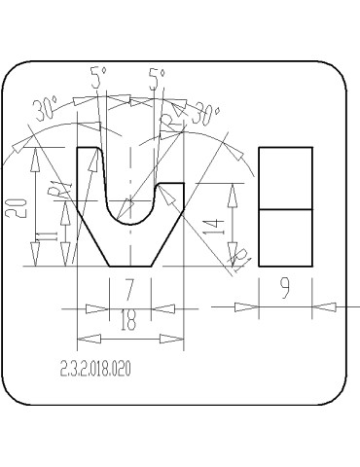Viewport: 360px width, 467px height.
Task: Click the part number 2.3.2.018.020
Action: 94,369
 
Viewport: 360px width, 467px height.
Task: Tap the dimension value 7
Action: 128,291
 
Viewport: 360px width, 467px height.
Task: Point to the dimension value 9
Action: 285,291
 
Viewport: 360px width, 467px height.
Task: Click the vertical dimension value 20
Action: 18,207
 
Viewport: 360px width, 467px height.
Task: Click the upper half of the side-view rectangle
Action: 285,178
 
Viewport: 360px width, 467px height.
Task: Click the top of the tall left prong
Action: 88,148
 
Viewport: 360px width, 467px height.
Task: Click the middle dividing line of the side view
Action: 285,208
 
